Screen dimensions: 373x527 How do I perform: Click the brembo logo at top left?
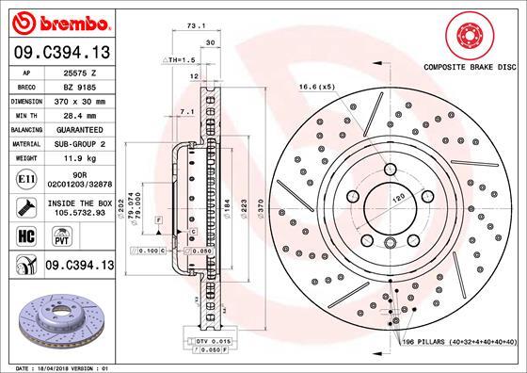(x=58, y=22)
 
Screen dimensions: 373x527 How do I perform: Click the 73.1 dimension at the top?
(x=196, y=28)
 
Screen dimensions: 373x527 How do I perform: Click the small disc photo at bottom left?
(x=57, y=319)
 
